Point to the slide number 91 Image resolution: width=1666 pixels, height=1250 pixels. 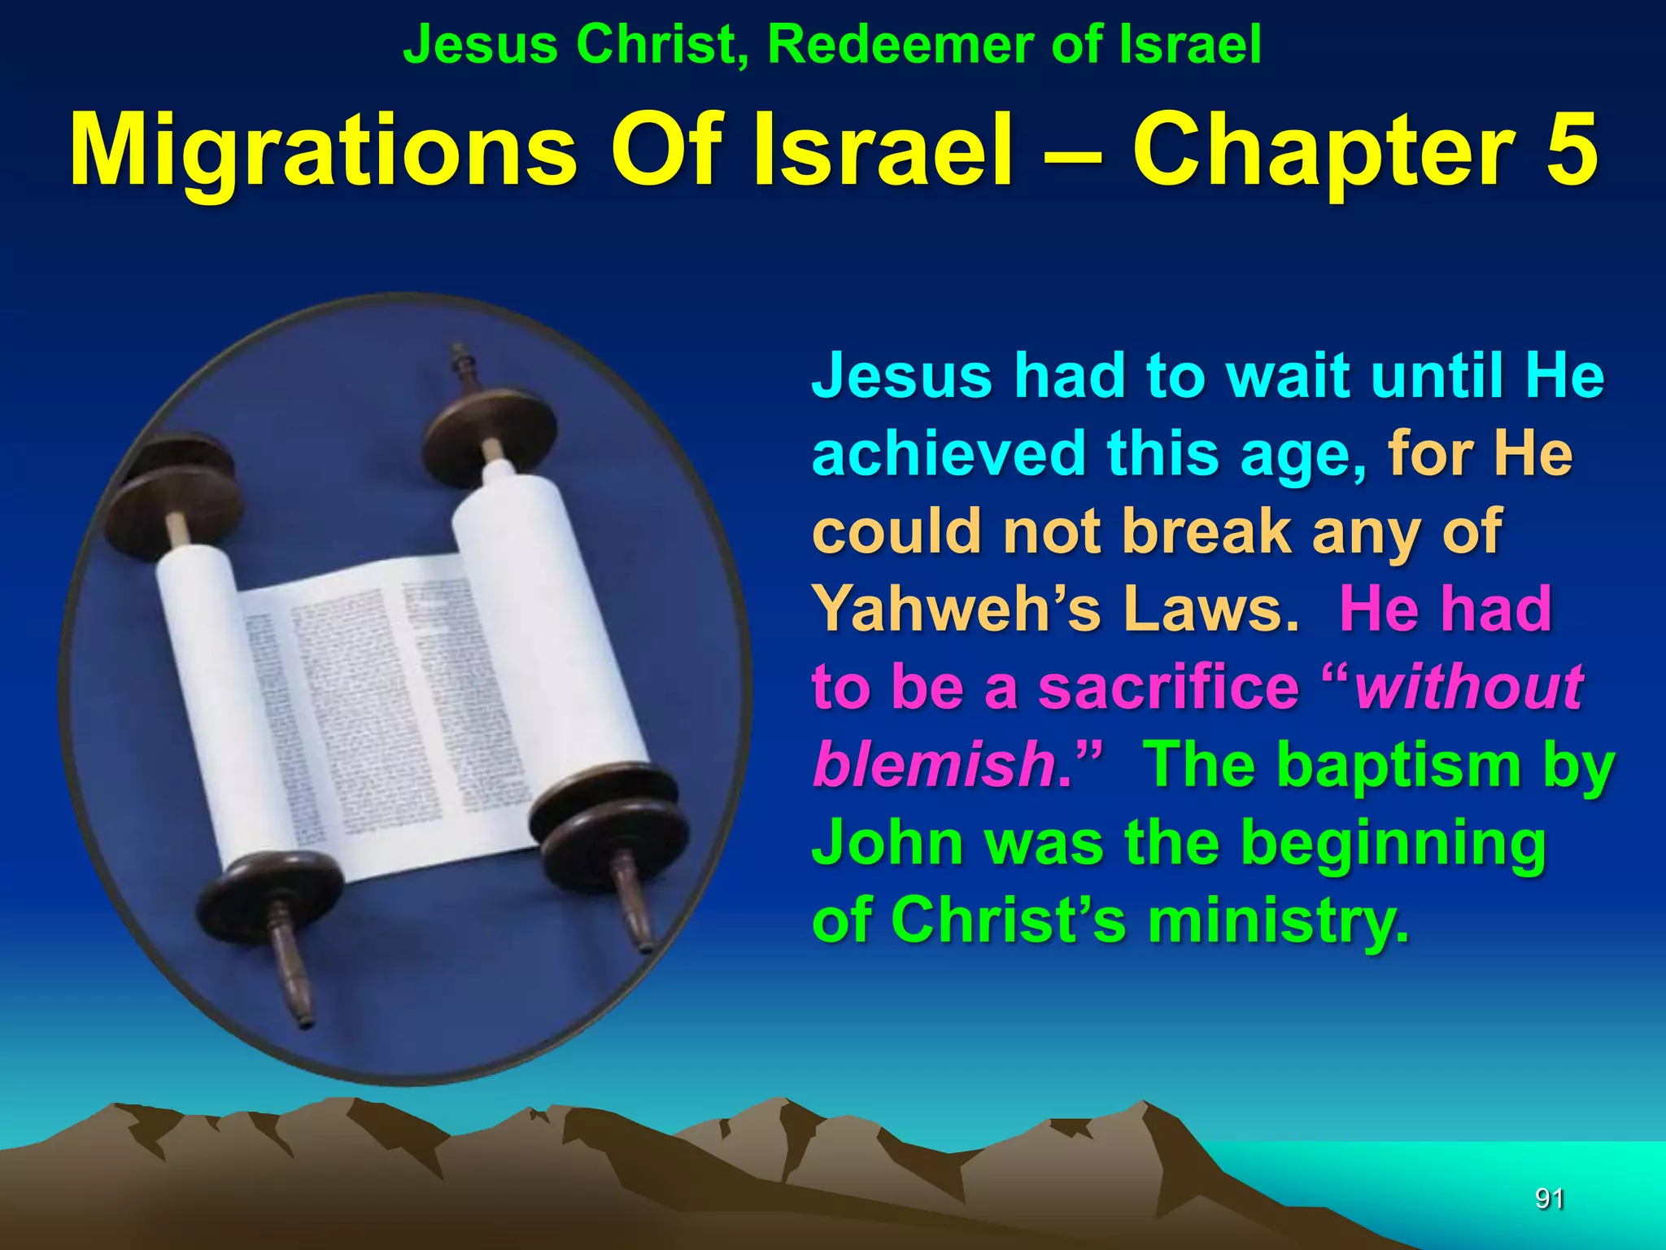1549,1198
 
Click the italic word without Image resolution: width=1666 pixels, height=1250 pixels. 1469,687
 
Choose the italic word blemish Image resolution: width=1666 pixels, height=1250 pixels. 935,764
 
